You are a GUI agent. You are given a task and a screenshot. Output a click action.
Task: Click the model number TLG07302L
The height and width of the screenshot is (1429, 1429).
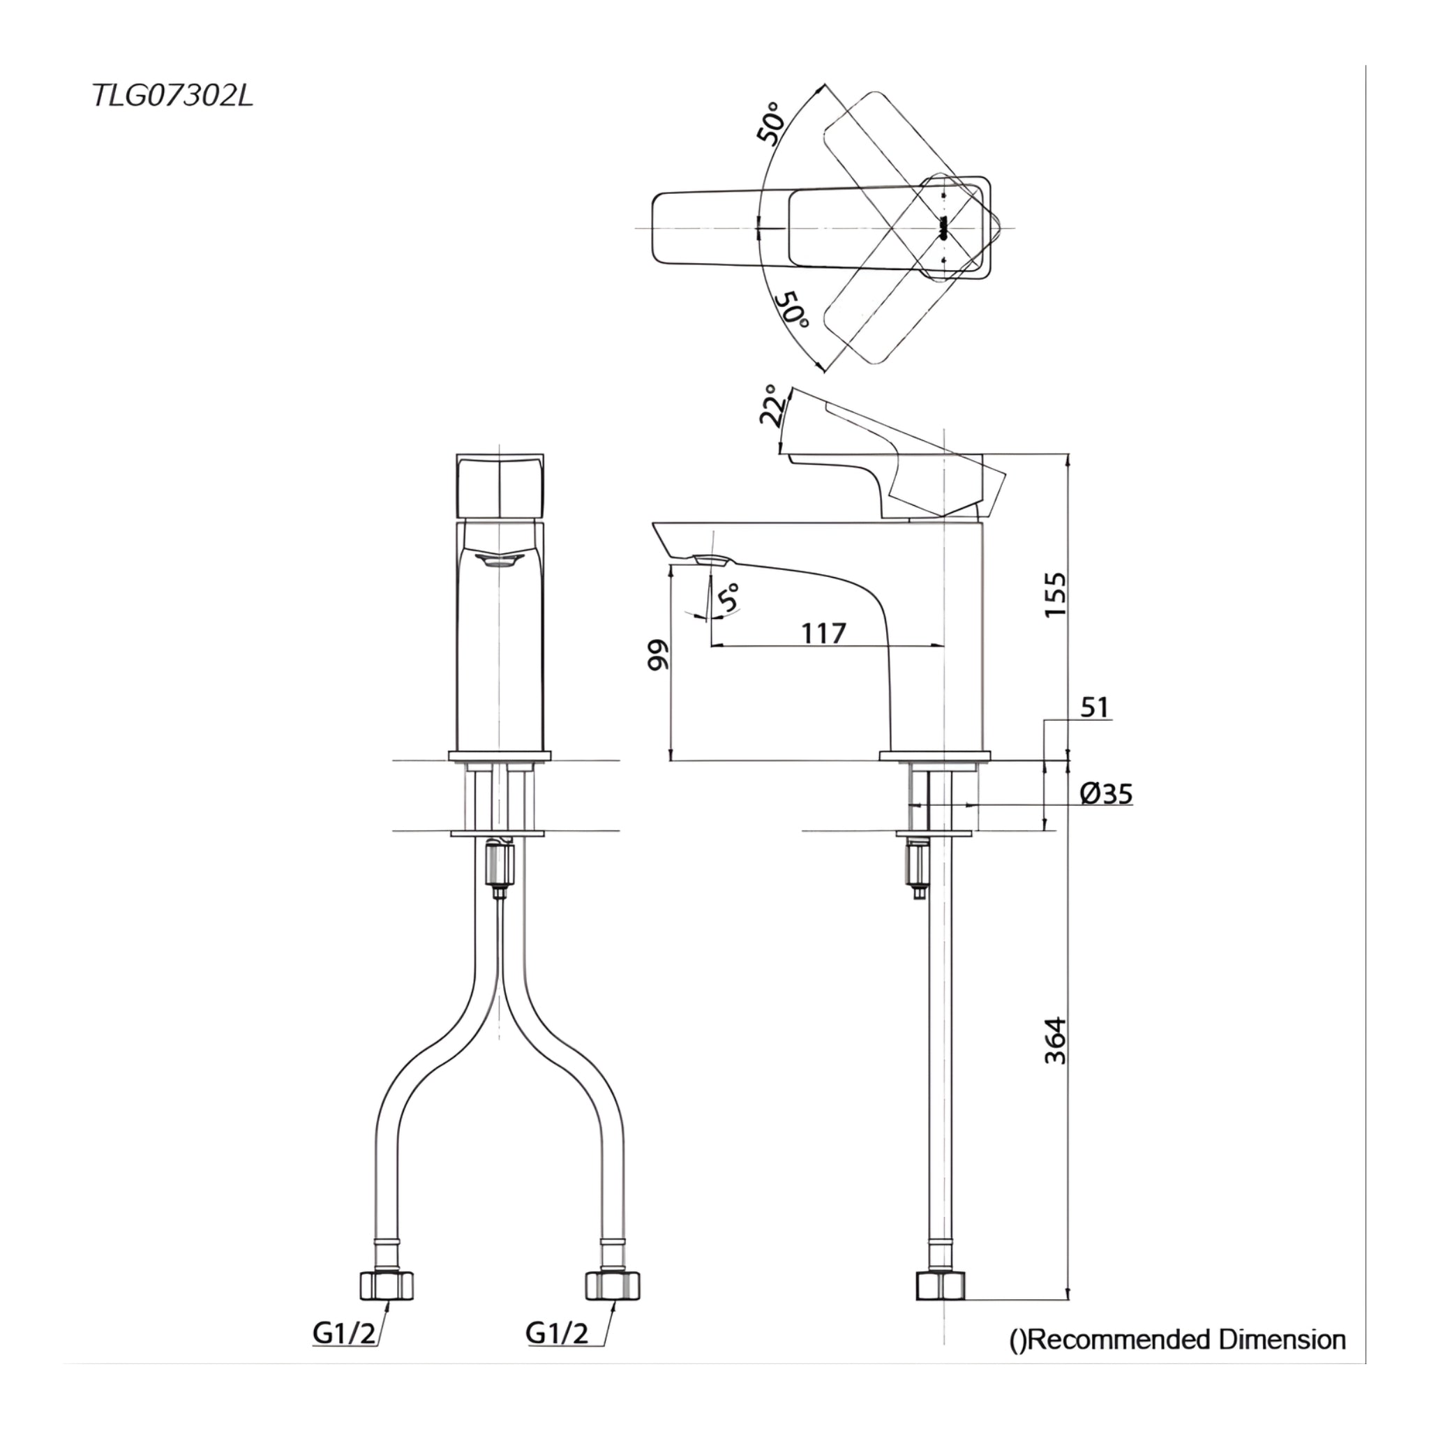(x=173, y=96)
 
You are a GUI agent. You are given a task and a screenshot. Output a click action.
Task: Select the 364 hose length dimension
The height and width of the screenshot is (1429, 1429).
(x=1056, y=1040)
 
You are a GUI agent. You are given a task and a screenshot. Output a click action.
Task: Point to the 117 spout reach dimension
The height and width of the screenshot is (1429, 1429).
(x=823, y=633)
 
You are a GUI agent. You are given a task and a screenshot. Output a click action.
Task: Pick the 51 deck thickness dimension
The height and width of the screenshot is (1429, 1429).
(x=1095, y=707)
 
